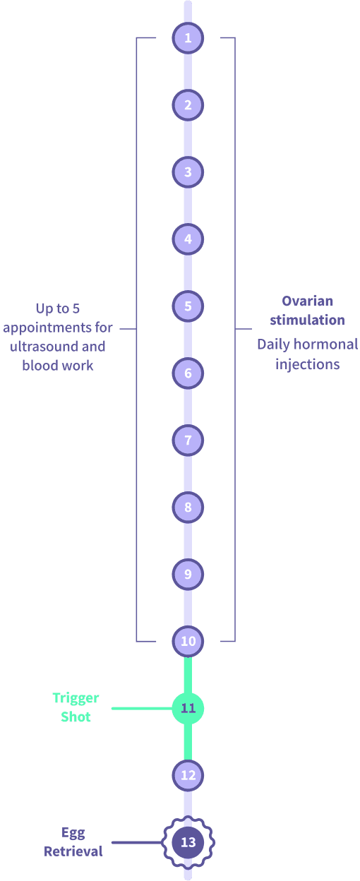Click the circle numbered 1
(188, 38)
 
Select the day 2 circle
(188, 105)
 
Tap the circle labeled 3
(188, 172)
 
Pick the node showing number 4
(188, 239)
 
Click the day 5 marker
(188, 306)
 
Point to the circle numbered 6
(188, 373)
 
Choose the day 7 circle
(188, 440)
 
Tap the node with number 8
(188, 508)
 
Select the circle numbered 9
(188, 575)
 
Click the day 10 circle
(188, 642)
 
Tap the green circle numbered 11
(188, 708)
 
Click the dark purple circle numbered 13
(188, 842)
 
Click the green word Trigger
(76, 698)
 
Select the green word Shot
(76, 717)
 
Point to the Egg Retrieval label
(73, 842)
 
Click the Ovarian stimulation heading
(307, 311)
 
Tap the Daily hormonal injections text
(307, 355)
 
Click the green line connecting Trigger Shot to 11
(141, 708)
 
